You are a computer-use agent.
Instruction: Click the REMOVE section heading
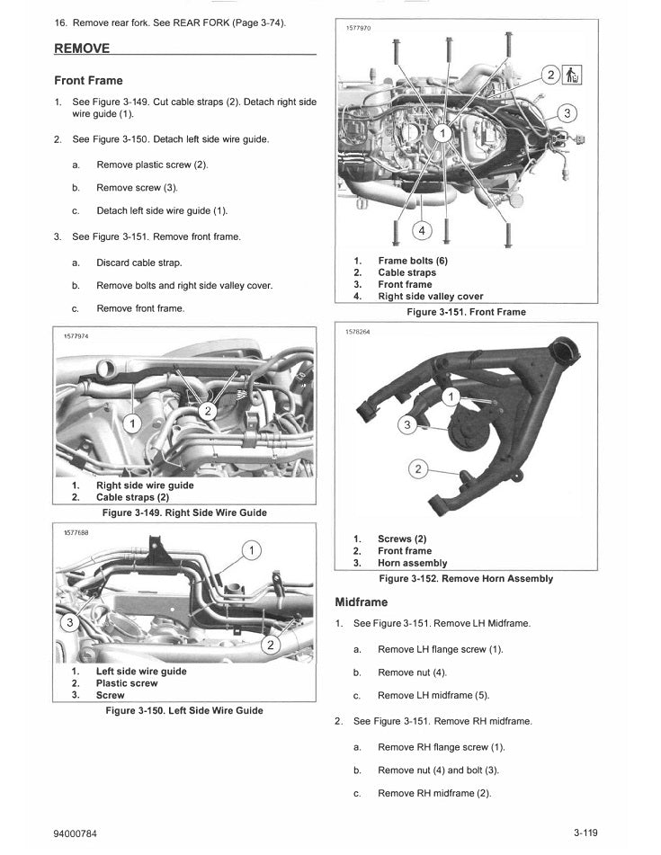(83, 48)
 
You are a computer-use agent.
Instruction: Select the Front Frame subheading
(88, 81)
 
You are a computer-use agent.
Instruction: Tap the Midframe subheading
(361, 601)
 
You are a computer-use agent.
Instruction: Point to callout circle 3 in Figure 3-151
(567, 114)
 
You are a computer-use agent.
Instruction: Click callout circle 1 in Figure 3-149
(134, 423)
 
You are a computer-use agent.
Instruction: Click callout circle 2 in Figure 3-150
(270, 645)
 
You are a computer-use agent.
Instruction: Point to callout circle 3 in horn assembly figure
(407, 425)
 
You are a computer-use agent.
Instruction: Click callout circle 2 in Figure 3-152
(416, 468)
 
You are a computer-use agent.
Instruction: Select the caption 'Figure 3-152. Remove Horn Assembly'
(466, 578)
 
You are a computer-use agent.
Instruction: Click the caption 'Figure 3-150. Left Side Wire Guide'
(184, 710)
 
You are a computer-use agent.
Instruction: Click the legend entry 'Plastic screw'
(127, 683)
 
